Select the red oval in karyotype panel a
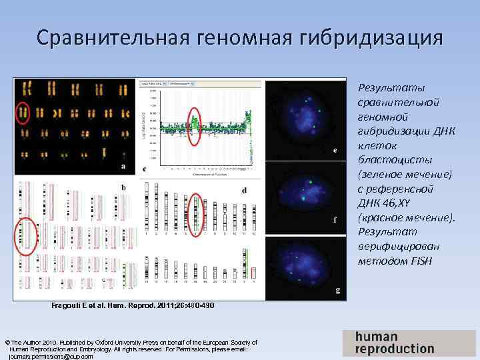[23, 113]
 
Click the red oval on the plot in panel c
[194, 121]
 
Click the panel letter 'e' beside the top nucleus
[335, 151]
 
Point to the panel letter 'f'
[335, 219]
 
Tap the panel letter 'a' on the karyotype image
[123, 165]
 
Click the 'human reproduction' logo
[394, 342]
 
